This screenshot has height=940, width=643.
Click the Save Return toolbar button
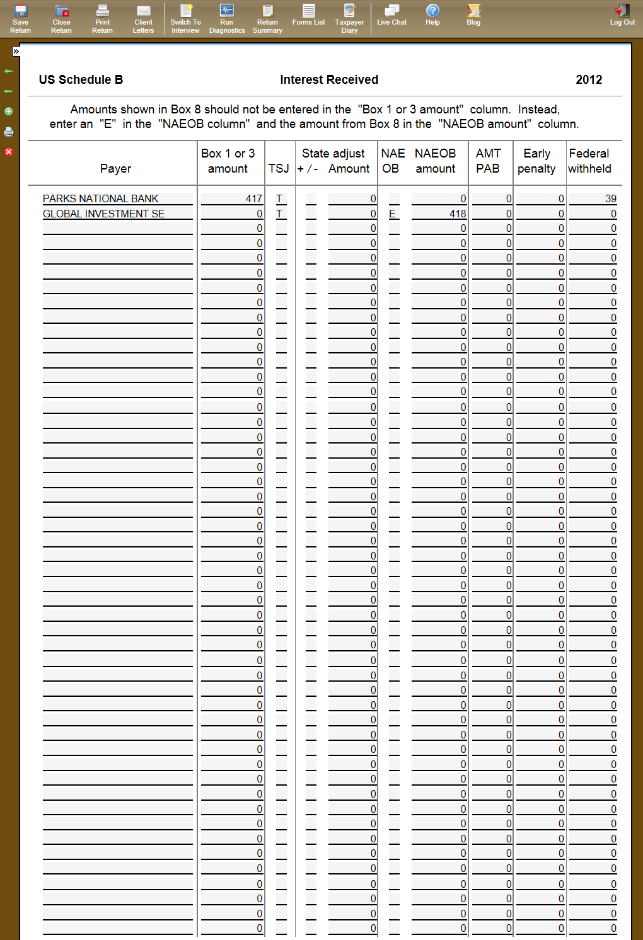coord(20,18)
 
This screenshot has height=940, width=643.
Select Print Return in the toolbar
coord(102,18)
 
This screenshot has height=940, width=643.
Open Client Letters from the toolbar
coord(143,18)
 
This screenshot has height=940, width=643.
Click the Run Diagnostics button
coord(227,18)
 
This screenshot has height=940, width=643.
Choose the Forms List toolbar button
coord(308,15)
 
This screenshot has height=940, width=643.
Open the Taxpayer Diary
coord(349,18)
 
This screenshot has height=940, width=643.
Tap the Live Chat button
coord(391,15)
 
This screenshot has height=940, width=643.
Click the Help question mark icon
coord(432,11)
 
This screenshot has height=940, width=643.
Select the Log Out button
coord(622,15)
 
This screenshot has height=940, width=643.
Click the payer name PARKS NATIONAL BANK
coord(101,198)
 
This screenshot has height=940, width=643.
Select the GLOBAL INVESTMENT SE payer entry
coord(103,214)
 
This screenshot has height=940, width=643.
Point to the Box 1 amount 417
coord(253,198)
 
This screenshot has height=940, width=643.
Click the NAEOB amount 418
coord(458,214)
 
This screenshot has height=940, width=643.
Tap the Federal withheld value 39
coord(610,198)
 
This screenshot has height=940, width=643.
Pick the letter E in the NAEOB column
coord(392,214)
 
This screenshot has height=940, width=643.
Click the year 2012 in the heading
coord(589,79)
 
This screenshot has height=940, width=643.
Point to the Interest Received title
coord(329,79)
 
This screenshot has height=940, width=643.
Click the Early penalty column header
coord(536,161)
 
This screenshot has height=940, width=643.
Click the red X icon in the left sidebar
coord(9,152)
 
